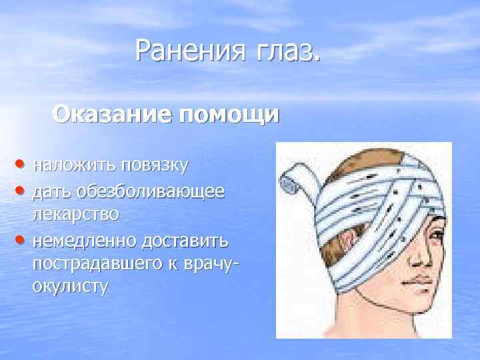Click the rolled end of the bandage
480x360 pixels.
[x=291, y=176]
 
